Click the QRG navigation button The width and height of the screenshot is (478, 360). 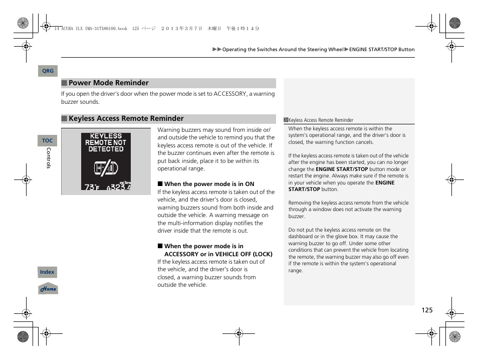coord(48,71)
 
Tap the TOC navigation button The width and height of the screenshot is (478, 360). coord(47,141)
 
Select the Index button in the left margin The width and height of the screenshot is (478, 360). coord(47,272)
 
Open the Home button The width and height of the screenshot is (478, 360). coord(48,289)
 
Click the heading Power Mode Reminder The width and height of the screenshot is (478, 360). coord(108,83)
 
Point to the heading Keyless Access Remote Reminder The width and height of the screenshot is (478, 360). coord(126,119)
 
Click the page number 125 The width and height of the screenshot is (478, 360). coord(426,310)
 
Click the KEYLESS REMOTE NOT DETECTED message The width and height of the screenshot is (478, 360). coord(106,142)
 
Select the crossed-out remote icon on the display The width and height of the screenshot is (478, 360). coord(106,167)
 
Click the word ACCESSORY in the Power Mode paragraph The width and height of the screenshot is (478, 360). coord(230,94)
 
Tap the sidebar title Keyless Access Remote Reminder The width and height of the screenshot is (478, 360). coord(321,120)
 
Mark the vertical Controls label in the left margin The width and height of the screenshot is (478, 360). coord(49,158)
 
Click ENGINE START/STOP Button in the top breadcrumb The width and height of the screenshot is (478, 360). coord(382,50)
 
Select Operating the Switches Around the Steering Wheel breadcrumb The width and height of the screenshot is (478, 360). coord(283,50)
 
